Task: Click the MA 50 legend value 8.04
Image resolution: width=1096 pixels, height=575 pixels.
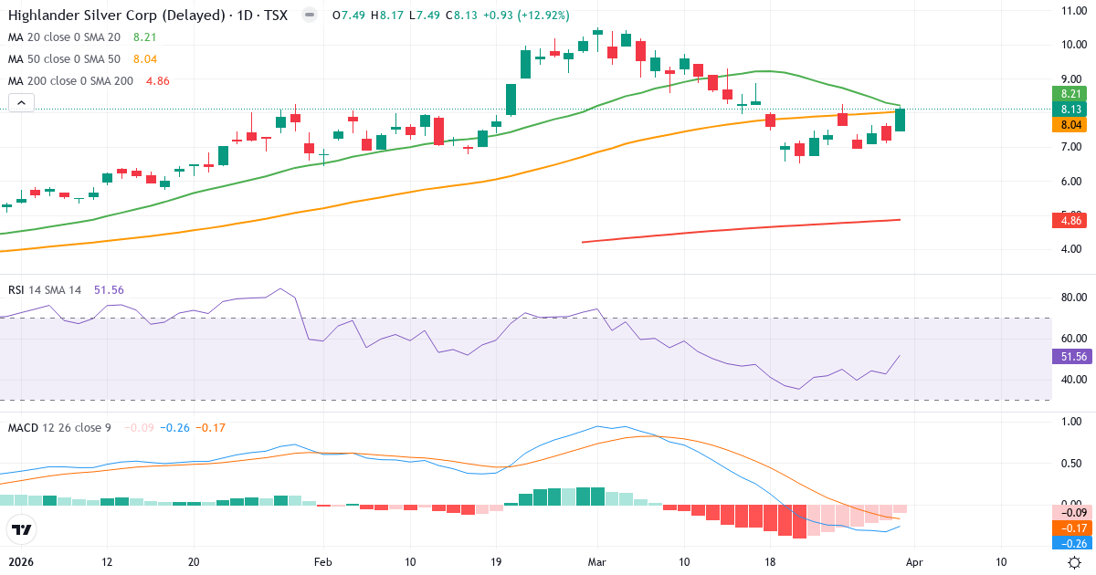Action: click(144, 58)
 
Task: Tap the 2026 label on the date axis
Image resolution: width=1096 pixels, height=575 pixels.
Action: click(20, 562)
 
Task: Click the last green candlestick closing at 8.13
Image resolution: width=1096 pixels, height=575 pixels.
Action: click(901, 120)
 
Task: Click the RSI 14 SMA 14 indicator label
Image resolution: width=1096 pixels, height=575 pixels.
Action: click(46, 290)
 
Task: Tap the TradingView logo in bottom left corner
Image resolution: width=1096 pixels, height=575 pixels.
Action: click(21, 529)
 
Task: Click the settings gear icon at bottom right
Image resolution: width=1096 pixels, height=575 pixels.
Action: click(1075, 562)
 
